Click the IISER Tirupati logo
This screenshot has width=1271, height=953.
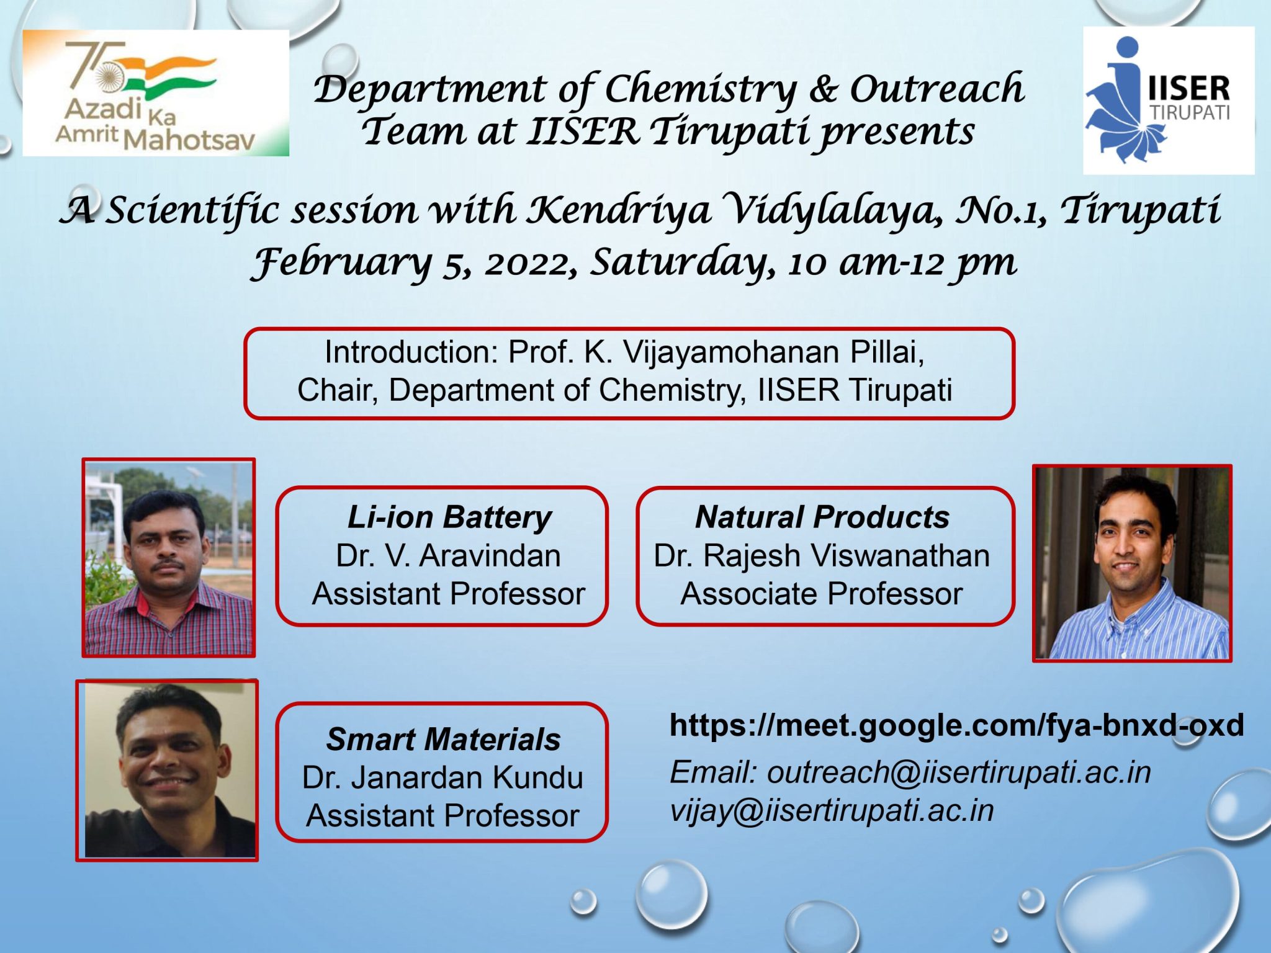coord(1168,101)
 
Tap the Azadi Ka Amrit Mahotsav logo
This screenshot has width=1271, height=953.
coord(155,93)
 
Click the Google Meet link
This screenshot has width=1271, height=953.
coord(956,725)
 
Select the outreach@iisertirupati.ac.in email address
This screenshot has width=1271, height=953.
coord(959,773)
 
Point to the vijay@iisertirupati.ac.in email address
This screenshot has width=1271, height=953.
coord(832,811)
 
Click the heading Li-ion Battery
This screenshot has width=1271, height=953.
coord(449,517)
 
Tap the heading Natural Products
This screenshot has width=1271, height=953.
coord(822,517)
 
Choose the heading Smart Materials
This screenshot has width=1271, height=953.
coord(443,740)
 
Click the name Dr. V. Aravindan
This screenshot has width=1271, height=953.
coord(448,556)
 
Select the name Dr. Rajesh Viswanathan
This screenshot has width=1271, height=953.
coord(822,556)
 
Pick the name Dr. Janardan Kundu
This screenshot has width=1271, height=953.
coord(442,778)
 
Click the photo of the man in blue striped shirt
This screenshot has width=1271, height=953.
coord(1132,563)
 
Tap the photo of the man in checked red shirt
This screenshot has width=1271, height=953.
coord(169,558)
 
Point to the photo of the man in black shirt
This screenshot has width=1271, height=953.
coord(167,771)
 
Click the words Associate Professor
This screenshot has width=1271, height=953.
coord(822,594)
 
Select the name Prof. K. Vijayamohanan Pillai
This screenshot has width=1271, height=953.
coord(716,352)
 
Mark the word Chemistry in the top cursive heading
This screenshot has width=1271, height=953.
coord(700,90)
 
